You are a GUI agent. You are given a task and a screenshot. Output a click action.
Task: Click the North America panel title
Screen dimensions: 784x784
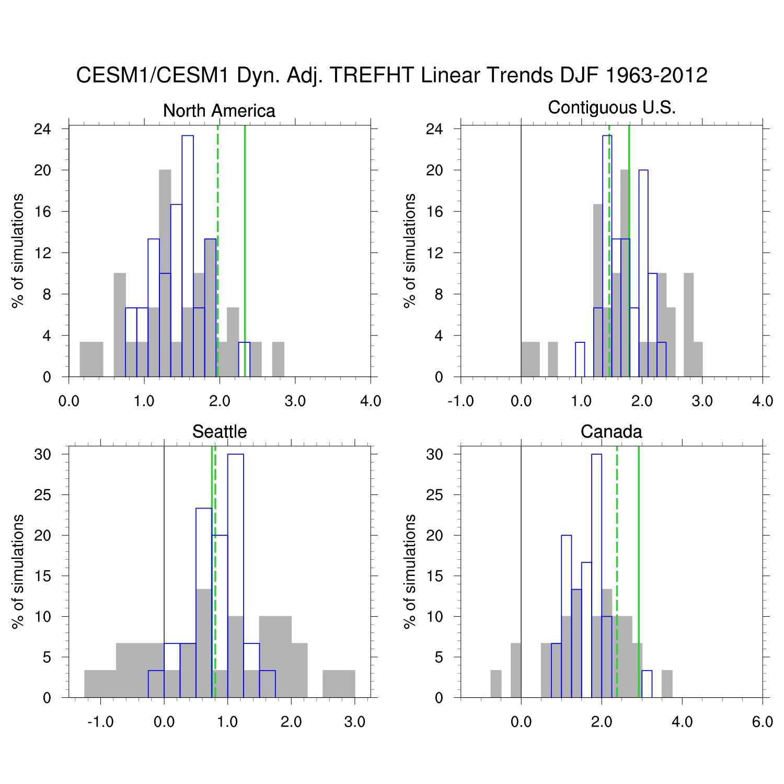(219, 111)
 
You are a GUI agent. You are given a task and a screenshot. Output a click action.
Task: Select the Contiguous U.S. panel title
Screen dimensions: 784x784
(612, 108)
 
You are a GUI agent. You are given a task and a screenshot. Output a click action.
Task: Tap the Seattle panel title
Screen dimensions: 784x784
(219, 432)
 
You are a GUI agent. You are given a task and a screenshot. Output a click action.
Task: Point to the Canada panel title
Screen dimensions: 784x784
(611, 432)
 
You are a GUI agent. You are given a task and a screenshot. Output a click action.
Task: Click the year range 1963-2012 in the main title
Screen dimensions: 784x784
(656, 75)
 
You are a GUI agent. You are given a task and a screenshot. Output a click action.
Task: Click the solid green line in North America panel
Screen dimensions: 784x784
(245, 251)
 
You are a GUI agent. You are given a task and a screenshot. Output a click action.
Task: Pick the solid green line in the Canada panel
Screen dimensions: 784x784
(639, 575)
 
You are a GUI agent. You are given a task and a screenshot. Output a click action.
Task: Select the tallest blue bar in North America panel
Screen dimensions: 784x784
(188, 256)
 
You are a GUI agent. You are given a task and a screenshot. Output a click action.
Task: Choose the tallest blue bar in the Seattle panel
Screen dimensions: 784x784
(235, 575)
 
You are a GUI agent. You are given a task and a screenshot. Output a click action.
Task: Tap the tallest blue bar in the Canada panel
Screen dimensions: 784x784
(596, 575)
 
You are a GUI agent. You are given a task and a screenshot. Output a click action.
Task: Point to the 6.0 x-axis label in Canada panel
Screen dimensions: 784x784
(762, 722)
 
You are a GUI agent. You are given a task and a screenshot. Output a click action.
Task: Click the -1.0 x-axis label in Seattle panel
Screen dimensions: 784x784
(100, 722)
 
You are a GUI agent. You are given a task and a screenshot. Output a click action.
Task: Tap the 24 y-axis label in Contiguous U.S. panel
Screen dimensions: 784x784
(434, 129)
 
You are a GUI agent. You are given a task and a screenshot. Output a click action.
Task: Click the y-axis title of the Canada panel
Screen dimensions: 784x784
(410, 571)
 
